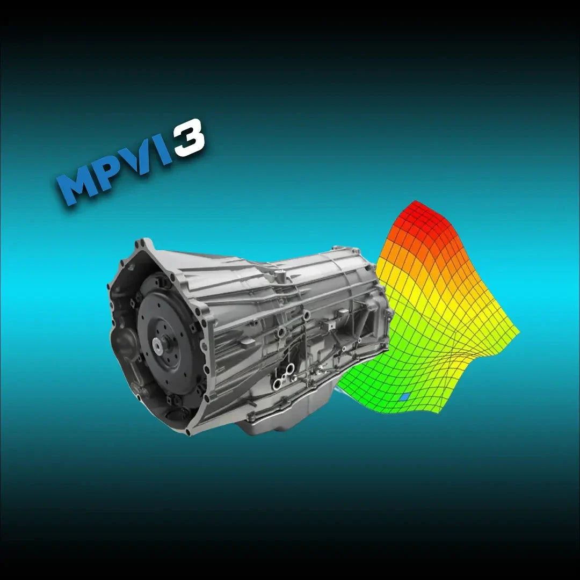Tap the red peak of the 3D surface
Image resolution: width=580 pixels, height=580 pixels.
pos(416,212)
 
